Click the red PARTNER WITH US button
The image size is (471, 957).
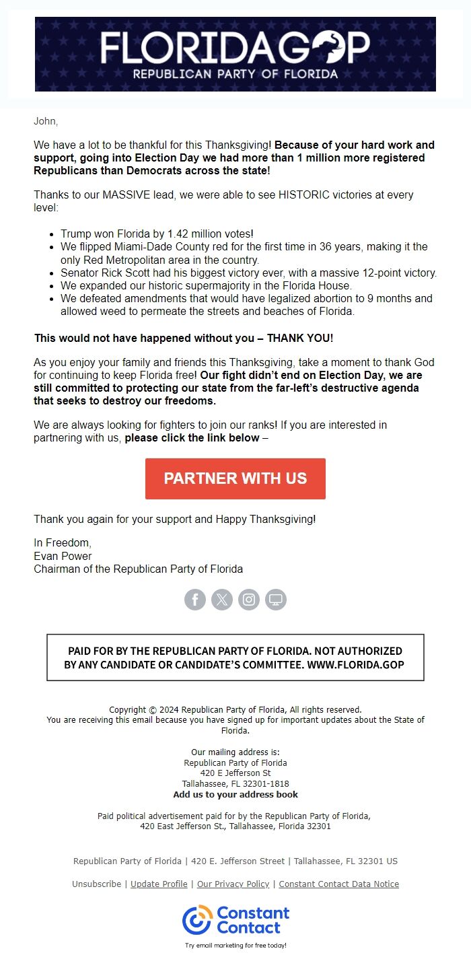[235, 478]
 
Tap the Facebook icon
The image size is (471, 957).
[195, 600]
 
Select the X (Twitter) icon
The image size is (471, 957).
[222, 600]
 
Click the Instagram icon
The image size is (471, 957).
[249, 600]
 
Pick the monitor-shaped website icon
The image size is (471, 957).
[276, 600]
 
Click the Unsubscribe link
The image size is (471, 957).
[96, 884]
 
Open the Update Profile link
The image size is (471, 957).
[159, 884]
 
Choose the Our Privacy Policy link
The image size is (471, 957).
[233, 884]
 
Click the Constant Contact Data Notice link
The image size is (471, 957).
[338, 884]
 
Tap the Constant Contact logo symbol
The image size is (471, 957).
[197, 920]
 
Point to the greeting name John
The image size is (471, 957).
[46, 121]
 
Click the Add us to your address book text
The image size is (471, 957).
[235, 794]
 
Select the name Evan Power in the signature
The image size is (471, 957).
[63, 556]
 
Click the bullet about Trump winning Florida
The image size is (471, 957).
[157, 234]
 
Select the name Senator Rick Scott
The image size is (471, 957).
[105, 273]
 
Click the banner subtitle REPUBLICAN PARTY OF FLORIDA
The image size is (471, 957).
[235, 73]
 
